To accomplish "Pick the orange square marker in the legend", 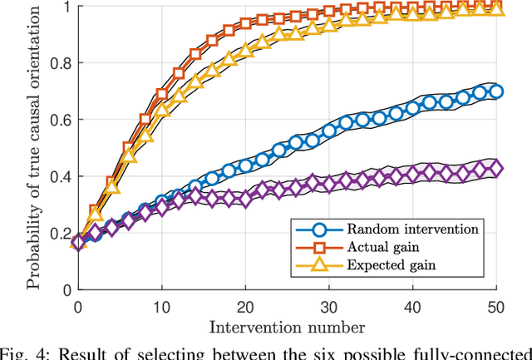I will pyautogui.click(x=309, y=247).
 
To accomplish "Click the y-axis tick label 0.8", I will pyautogui.click(x=61, y=63).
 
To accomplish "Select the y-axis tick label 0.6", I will pyautogui.click(x=61, y=120).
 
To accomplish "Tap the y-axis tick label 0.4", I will pyautogui.click(x=61, y=176).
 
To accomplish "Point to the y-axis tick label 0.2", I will pyautogui.click(x=61, y=233).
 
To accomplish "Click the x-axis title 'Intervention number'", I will pyautogui.click(x=288, y=324).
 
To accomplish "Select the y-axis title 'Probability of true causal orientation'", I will pyautogui.click(x=33, y=148).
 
